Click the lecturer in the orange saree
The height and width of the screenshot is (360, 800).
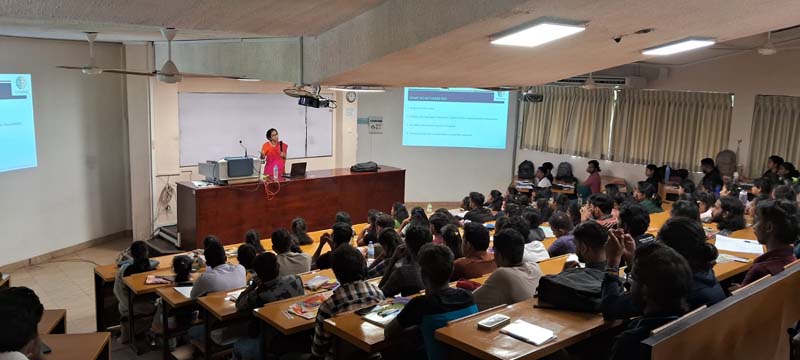(273, 155)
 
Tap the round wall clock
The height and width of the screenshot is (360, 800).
(350, 97)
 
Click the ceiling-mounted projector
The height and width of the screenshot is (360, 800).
(314, 100)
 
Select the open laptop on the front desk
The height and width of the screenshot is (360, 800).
(297, 170)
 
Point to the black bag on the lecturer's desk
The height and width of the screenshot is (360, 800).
(365, 167)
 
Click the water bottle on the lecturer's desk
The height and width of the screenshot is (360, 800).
(276, 172)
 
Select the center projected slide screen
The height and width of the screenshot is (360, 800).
(455, 117)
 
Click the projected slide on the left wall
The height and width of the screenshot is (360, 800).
(17, 122)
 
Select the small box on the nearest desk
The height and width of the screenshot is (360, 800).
(493, 321)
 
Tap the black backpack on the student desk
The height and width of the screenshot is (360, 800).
(572, 289)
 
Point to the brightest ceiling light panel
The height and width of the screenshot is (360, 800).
(537, 33)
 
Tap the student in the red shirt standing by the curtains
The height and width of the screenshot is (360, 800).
(593, 177)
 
